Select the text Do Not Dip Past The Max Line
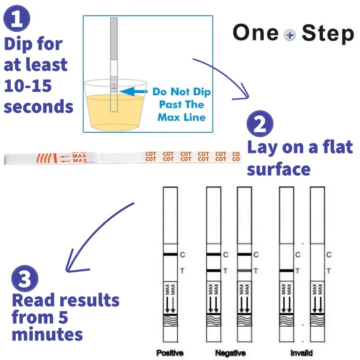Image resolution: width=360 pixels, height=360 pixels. click(181, 104)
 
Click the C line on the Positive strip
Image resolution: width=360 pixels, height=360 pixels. click(170, 255)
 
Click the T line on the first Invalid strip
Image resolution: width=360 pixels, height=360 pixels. click(287, 271)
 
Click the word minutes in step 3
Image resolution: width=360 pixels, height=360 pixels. click(47, 334)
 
